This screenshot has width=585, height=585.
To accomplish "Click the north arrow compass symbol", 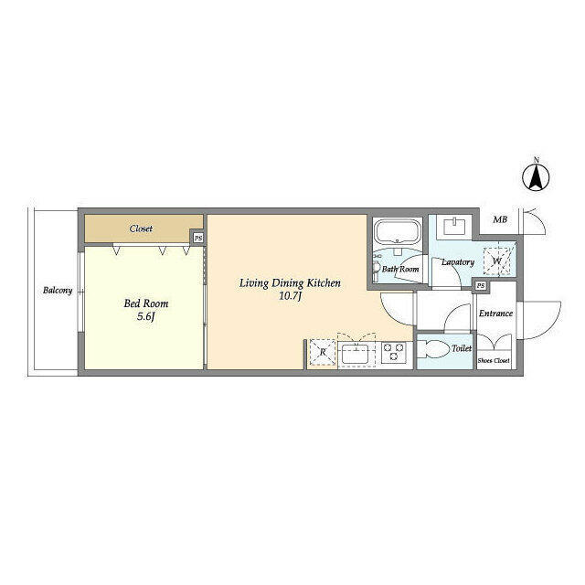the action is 536,176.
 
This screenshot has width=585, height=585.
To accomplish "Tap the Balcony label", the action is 58,290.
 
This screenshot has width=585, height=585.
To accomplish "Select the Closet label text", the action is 141,229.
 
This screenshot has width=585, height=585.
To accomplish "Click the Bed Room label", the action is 146,303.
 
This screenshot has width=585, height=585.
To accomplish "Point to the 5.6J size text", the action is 145,317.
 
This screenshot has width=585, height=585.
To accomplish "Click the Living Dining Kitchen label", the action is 290,283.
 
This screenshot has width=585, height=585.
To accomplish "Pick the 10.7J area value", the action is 290,296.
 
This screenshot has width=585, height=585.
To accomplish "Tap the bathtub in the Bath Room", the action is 398,231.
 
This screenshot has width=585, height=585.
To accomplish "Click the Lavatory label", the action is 458,262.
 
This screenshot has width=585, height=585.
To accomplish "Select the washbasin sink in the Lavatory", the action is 455,227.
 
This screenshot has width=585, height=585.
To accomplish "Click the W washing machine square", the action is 497,261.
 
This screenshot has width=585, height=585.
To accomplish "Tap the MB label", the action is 500,219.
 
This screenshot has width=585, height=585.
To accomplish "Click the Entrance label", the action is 495,314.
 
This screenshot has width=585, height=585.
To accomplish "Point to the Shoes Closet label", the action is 494,361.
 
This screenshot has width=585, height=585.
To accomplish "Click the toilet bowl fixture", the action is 433,349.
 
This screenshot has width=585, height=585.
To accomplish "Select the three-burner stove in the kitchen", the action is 394,352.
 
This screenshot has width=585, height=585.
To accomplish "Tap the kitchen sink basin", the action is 356,354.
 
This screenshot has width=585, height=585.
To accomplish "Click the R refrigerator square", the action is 323,352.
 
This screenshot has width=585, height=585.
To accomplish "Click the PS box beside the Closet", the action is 198,238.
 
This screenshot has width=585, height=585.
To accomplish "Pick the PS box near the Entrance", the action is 481,285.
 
